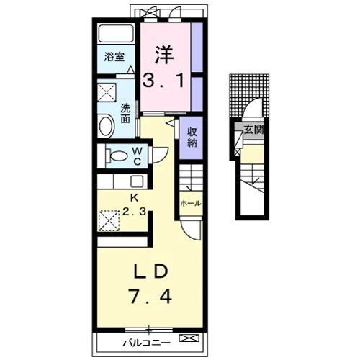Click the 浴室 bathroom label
[114, 57]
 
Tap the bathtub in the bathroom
[116, 33]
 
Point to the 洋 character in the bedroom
[164, 55]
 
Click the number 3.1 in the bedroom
[163, 80]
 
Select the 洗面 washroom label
[125, 113]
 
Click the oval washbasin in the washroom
[106, 126]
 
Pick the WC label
[137, 156]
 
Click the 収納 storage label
[192, 137]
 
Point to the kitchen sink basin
[138, 181]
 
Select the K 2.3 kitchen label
[134, 204]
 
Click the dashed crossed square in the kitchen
[109, 221]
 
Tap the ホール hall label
[191, 204]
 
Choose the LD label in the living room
[150, 272]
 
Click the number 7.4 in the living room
[150, 297]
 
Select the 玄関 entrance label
[253, 130]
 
